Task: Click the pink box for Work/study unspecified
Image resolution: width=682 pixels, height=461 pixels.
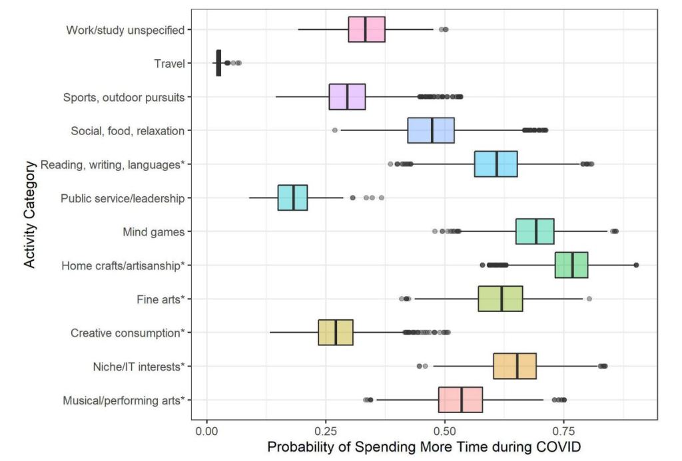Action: pyautogui.click(x=366, y=29)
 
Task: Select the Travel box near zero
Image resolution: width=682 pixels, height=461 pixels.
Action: pyautogui.click(x=218, y=63)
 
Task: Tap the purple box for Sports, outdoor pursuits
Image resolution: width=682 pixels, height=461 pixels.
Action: pyautogui.click(x=347, y=96)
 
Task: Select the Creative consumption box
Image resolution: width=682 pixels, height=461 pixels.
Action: pyautogui.click(x=336, y=332)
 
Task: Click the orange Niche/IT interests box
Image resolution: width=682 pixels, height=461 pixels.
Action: pyautogui.click(x=515, y=366)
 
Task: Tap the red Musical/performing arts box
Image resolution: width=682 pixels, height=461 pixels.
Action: pyautogui.click(x=460, y=400)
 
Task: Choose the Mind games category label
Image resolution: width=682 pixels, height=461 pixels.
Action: pyautogui.click(x=154, y=231)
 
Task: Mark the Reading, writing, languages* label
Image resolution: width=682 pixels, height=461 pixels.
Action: pyautogui.click(x=112, y=164)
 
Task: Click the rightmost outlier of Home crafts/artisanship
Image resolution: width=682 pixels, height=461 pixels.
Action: pyautogui.click(x=636, y=265)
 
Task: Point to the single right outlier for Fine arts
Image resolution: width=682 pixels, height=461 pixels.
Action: pyautogui.click(x=589, y=299)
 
